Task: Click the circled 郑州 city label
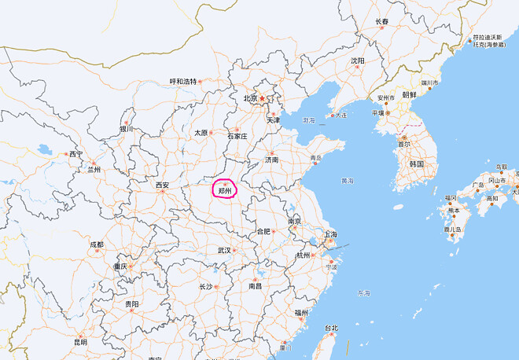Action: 225,190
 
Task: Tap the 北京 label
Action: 250,98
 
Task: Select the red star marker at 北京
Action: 263,98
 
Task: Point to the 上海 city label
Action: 330,234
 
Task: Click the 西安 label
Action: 162,186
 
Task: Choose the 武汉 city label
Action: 224,251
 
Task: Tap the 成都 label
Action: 96,244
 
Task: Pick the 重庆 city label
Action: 120,266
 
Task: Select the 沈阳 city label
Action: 358,61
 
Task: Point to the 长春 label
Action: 382,21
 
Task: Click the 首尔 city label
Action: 403,145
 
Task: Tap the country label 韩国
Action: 417,164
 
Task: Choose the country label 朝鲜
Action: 410,94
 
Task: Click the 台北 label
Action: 331,328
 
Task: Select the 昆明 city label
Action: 80,342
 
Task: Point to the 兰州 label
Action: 94,169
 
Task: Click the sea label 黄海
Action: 348,181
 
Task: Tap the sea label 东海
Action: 363,293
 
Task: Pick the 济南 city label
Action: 271,160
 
